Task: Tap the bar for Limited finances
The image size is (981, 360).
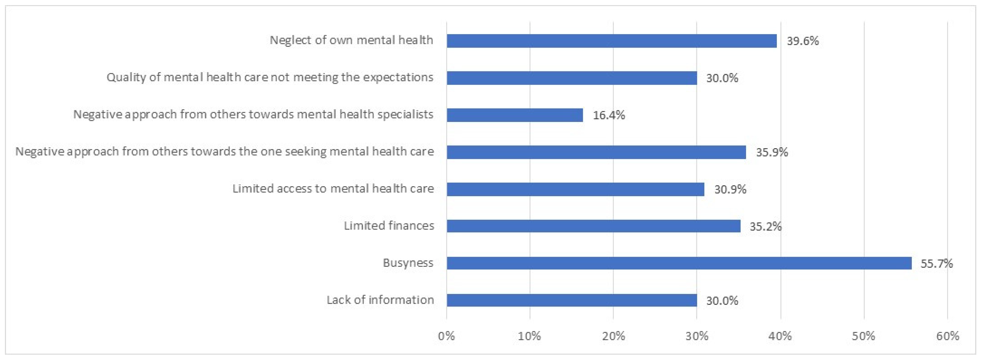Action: click(x=593, y=226)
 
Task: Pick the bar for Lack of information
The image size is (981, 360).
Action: click(x=572, y=300)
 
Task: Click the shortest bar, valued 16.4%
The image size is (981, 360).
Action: click(x=515, y=115)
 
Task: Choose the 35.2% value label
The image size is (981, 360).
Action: click(x=765, y=227)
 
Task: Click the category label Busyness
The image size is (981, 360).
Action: click(x=408, y=263)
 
